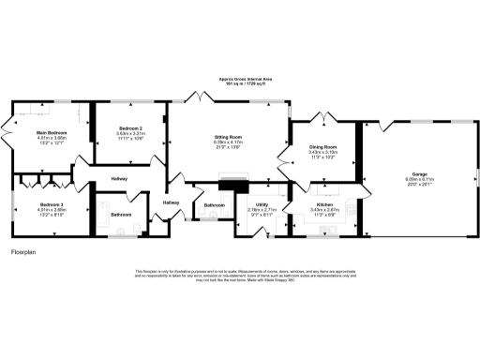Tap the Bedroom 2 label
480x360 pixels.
pyautogui.click(x=130, y=127)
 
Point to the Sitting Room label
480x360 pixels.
pyautogui.click(x=230, y=137)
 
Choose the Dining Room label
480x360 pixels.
pyautogui.click(x=322, y=145)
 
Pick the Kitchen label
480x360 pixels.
pyautogui.click(x=324, y=203)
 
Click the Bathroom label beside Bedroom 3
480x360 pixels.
pyautogui.click(x=122, y=215)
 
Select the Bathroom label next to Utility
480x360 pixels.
pyautogui.click(x=215, y=204)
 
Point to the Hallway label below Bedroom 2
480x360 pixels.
pyautogui.click(x=119, y=178)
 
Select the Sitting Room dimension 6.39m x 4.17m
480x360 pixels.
pyautogui.click(x=230, y=142)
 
